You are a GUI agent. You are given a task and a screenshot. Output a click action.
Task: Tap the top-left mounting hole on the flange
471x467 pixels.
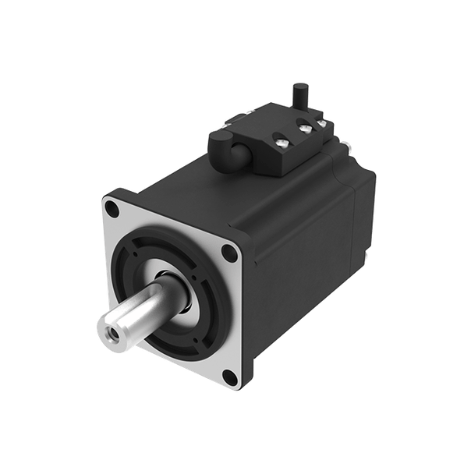114,208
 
